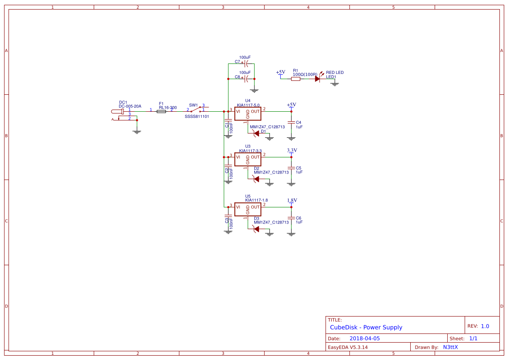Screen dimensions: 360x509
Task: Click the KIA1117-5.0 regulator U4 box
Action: [x=248, y=113]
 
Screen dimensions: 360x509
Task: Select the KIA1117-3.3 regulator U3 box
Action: [x=248, y=159]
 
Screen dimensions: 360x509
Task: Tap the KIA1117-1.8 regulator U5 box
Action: [x=248, y=209]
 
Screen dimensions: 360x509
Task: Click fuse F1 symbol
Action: [x=161, y=112]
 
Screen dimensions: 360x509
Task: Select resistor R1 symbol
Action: [x=296, y=79]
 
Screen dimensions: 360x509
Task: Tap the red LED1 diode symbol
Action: [x=317, y=79]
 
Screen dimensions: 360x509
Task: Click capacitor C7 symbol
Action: [x=246, y=63]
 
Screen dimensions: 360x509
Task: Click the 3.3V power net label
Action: [x=292, y=150]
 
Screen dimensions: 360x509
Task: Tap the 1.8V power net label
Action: [x=292, y=200]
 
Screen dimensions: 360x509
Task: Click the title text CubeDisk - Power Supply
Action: [x=366, y=327]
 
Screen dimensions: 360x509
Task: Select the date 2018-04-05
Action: [x=365, y=338]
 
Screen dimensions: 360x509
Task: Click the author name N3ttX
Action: [x=450, y=347]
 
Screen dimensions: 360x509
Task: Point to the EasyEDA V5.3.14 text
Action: [x=348, y=347]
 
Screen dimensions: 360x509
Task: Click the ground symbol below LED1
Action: [x=335, y=83]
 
